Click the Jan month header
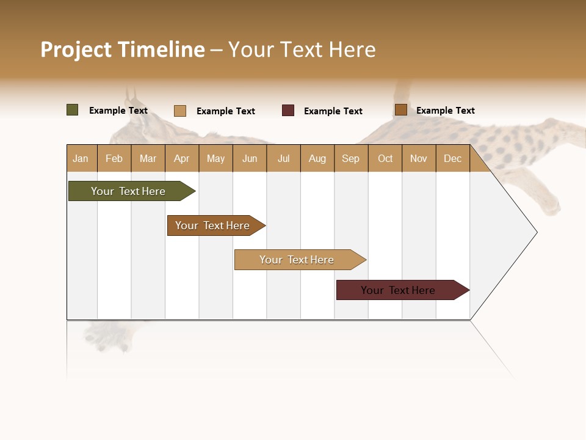(81, 158)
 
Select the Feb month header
(114, 158)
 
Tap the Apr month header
(182, 158)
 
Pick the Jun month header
(250, 158)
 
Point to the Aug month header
(317, 158)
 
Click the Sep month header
(351, 158)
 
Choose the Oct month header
(385, 158)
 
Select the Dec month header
(453, 158)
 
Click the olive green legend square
(73, 110)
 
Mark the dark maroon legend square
(288, 111)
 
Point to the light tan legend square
(180, 111)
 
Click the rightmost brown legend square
(401, 110)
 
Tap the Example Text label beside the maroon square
(333, 111)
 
